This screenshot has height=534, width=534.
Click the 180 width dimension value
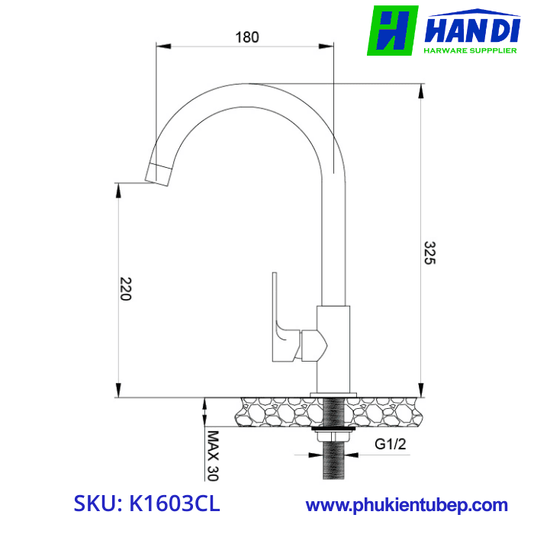tap(247, 37)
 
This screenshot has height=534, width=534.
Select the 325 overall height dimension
tap(429, 253)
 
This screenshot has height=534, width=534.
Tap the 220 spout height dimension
tap(126, 288)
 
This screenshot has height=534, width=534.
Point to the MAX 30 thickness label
tap(213, 456)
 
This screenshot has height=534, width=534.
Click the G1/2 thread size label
tap(389, 443)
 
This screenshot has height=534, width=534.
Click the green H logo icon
tap(392, 31)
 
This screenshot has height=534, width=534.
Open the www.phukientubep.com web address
tap(407, 505)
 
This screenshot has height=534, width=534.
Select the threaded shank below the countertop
tap(333, 458)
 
